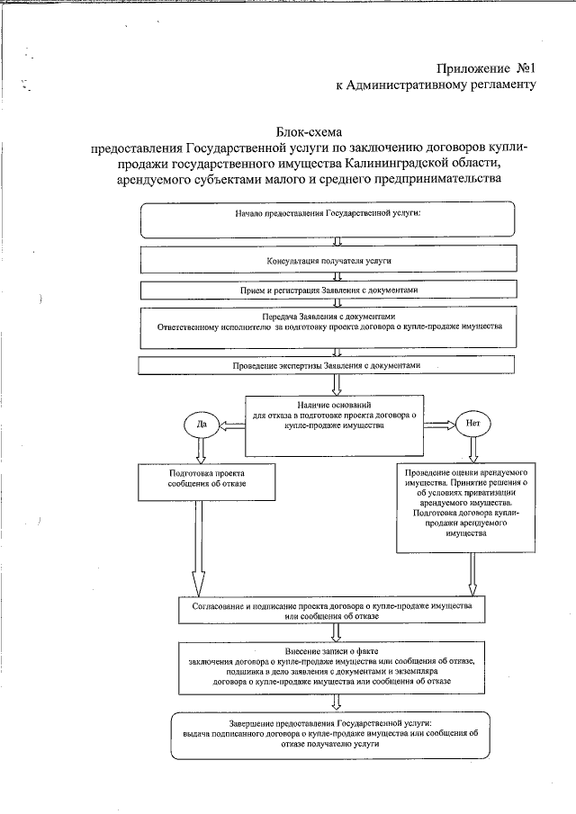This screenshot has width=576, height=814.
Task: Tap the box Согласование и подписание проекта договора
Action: coord(334,611)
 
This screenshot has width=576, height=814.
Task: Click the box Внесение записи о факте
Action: coord(334,666)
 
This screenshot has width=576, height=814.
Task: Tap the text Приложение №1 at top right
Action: coord(486,68)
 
